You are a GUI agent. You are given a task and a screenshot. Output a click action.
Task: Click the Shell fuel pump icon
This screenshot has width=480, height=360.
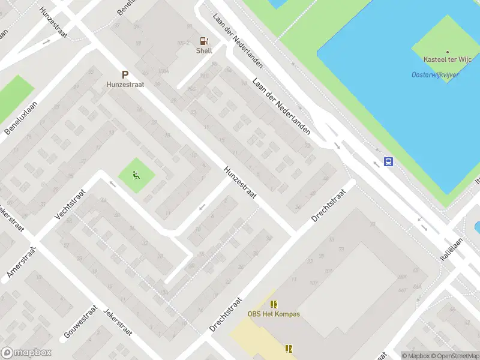[204, 41]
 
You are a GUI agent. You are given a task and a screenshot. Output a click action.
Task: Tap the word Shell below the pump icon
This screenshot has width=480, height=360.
[204, 51]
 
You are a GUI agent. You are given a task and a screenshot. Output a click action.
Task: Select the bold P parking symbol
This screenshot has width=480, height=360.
[125, 75]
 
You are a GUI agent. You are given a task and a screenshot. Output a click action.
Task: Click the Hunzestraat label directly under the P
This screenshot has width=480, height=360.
[125, 85]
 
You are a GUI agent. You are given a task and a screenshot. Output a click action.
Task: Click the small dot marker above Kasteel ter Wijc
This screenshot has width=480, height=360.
[447, 53]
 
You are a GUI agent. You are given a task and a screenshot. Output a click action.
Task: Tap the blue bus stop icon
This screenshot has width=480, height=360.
[389, 161]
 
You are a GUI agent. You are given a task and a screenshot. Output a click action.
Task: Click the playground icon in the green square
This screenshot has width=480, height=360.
[136, 176]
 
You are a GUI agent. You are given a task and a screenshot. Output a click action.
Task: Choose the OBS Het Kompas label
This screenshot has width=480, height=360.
[274, 314]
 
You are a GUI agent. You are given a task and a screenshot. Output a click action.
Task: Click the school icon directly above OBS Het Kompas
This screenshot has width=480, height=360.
[274, 304]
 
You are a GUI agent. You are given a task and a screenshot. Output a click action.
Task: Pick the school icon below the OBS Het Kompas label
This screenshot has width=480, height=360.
[289, 348]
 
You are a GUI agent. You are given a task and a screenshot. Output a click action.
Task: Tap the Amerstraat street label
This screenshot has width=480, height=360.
[22, 261]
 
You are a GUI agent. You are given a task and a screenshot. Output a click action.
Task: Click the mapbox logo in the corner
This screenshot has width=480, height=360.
[26, 353]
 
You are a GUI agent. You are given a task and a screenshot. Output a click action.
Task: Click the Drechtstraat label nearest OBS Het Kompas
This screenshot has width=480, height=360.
[226, 314]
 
